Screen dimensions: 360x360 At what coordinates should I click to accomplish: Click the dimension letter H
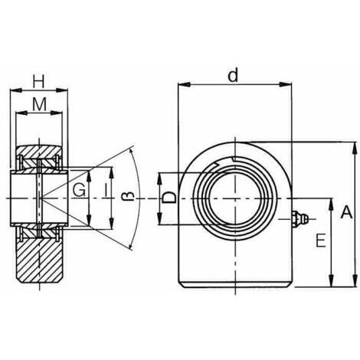[38, 81]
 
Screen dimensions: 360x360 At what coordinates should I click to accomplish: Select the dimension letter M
[39, 105]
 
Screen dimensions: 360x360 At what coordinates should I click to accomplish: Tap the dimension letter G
[78, 190]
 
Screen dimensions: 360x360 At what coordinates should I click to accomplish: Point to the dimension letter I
[106, 190]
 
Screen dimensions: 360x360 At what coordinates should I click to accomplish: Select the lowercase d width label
[233, 74]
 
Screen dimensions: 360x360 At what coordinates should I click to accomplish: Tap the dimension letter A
[346, 212]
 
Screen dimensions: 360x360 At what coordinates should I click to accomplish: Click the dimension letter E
[321, 241]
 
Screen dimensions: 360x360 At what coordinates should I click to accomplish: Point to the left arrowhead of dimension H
[16, 90]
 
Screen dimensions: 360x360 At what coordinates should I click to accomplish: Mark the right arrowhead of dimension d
[286, 84]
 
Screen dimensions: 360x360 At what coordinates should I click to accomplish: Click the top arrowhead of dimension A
[354, 148]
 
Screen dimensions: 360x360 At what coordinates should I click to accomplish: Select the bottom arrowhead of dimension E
[331, 280]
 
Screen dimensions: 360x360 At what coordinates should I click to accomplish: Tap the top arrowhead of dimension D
[159, 178]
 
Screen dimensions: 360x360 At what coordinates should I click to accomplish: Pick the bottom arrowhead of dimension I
[112, 223]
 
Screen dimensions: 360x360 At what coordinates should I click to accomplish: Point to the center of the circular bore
[234, 198]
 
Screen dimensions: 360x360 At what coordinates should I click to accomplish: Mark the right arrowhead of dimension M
[57, 113]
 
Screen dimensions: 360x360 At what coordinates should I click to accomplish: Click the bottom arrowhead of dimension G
[89, 221]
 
